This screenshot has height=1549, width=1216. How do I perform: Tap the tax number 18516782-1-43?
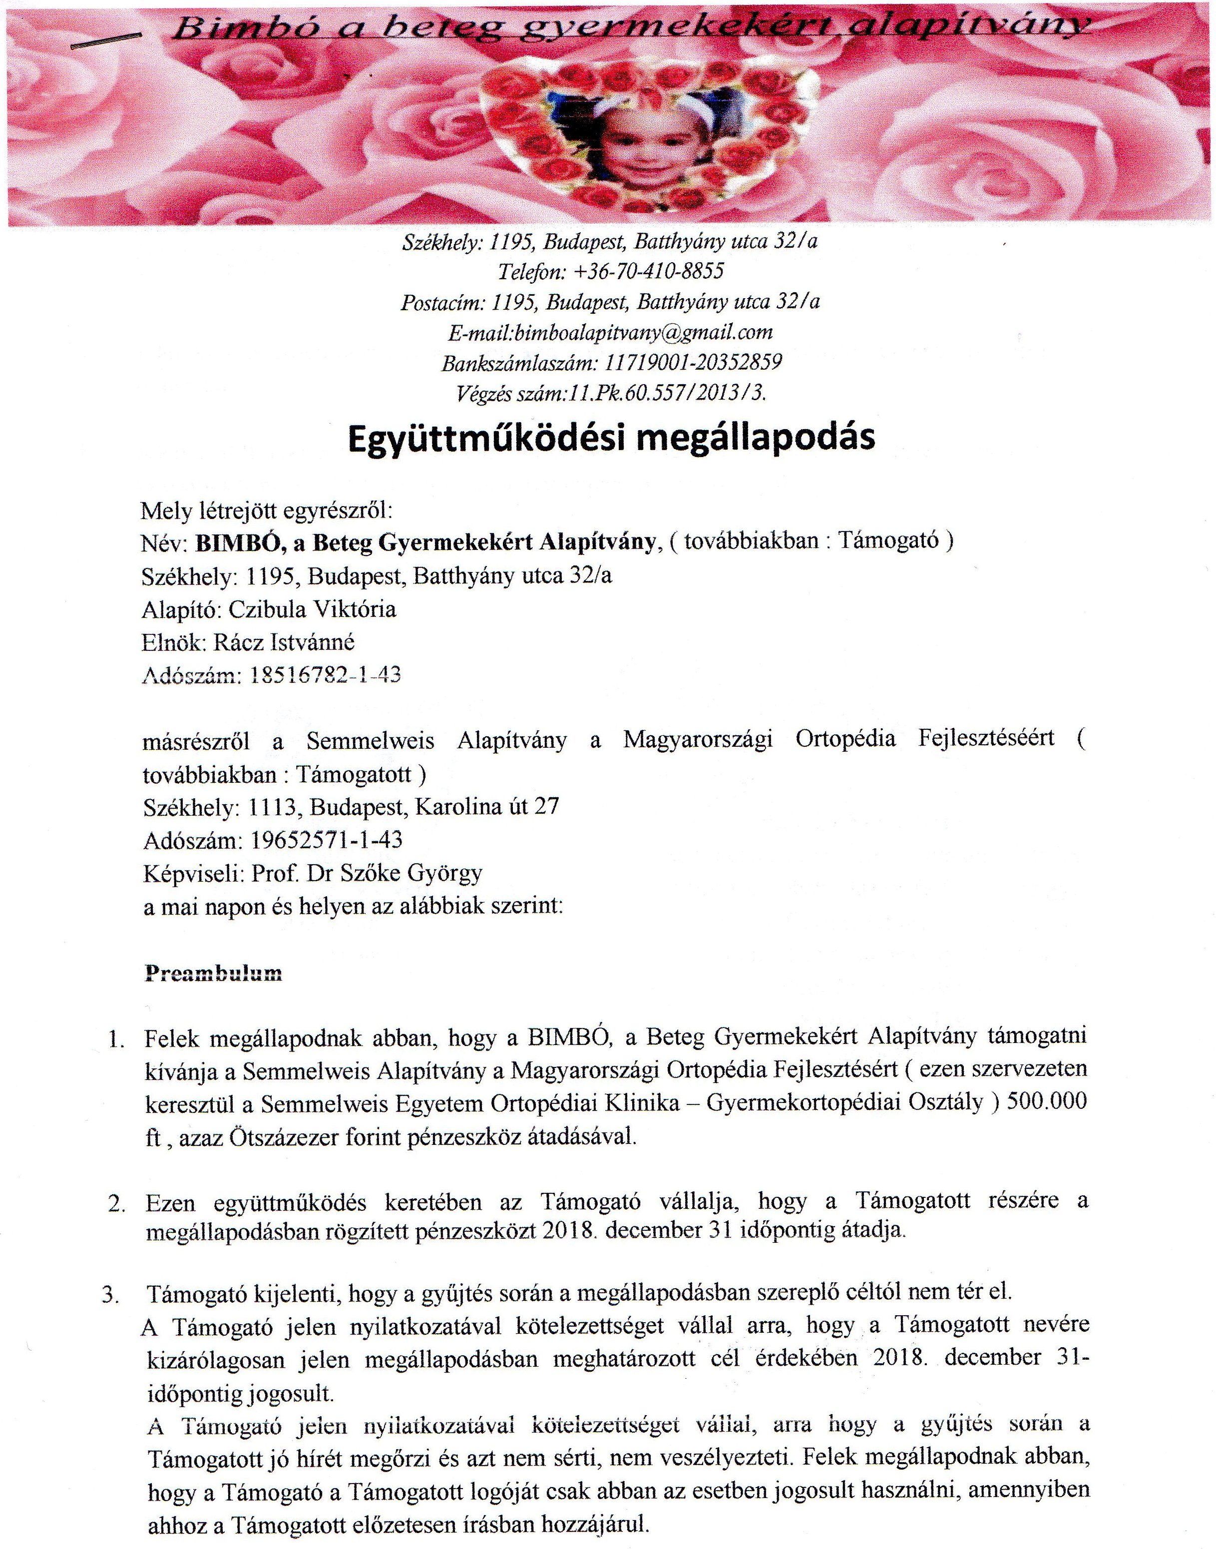click(326, 675)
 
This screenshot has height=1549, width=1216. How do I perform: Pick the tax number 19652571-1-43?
click(326, 840)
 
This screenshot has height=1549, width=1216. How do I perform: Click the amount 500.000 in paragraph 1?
click(1044, 1102)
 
